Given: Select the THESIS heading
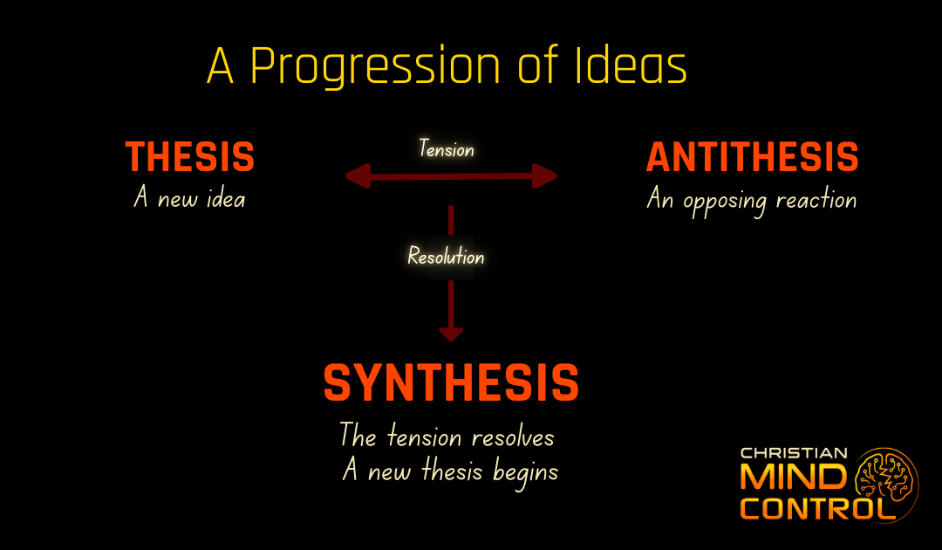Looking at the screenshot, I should click(x=190, y=157).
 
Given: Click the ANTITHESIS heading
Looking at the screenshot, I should click(x=752, y=157).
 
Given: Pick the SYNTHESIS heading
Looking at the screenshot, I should click(x=451, y=382).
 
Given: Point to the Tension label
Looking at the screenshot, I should click(x=446, y=149).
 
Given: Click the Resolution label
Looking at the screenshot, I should click(x=446, y=257).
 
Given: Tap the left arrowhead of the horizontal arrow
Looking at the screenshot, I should click(x=356, y=177).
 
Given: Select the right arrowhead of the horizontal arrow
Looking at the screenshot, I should click(x=546, y=177).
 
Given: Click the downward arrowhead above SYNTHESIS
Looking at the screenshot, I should click(x=451, y=333).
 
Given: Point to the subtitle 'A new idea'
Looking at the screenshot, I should click(x=189, y=199).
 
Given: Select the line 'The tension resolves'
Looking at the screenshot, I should click(x=447, y=435).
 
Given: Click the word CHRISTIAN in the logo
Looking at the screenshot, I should click(x=793, y=454).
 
